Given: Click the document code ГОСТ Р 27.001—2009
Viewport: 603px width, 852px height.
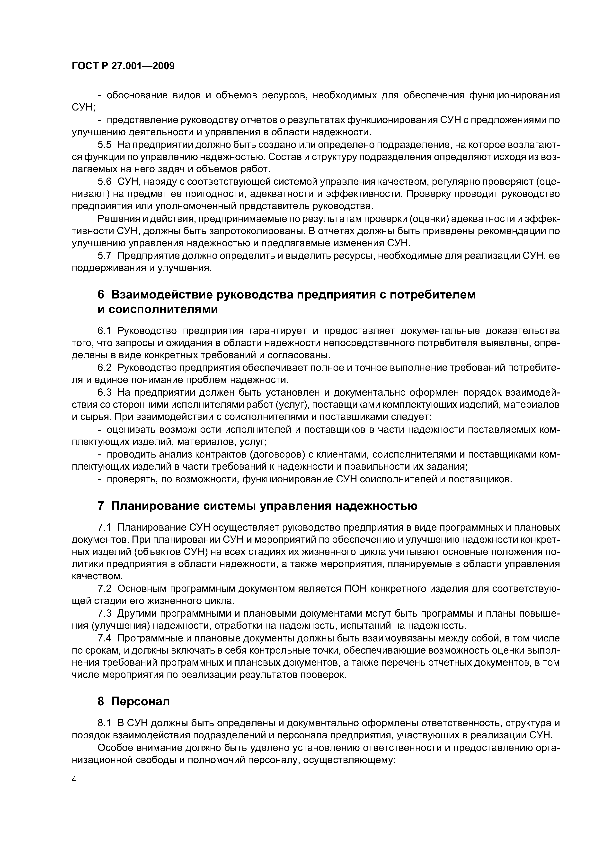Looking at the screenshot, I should [123, 66].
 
